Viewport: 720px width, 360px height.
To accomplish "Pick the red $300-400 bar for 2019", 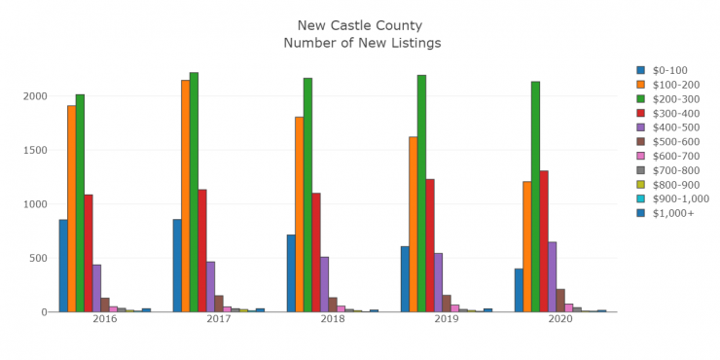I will [430, 245].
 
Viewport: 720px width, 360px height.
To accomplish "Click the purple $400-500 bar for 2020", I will [553, 276].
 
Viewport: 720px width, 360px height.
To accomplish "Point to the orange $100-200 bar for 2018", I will [300, 214].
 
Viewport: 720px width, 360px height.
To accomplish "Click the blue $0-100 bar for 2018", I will [291, 272].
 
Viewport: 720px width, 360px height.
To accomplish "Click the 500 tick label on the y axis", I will [38, 258].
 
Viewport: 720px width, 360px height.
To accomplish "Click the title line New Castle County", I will [362, 24].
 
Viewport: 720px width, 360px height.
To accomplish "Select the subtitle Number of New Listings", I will [362, 43].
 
